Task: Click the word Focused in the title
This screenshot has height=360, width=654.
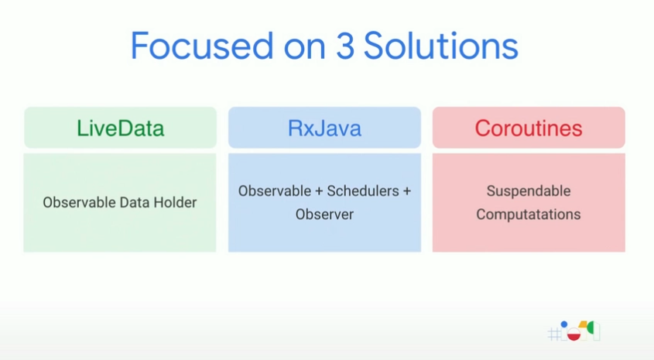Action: (202, 46)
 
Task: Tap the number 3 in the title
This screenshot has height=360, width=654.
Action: (345, 46)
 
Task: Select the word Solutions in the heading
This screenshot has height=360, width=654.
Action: (441, 46)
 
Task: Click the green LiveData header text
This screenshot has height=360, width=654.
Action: (120, 128)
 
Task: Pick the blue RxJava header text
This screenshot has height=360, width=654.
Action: (324, 128)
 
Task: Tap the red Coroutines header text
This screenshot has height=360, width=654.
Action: (529, 128)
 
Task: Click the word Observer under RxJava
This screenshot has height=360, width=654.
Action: (324, 214)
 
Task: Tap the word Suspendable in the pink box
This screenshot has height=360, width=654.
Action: (529, 191)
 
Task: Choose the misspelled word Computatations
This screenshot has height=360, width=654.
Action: (529, 214)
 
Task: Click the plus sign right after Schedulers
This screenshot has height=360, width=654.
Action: (406, 191)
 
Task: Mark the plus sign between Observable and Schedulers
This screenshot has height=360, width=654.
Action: (319, 191)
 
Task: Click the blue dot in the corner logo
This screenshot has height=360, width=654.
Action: (564, 324)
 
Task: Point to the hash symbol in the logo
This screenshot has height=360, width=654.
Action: (554, 334)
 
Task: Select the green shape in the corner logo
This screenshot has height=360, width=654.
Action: (591, 328)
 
